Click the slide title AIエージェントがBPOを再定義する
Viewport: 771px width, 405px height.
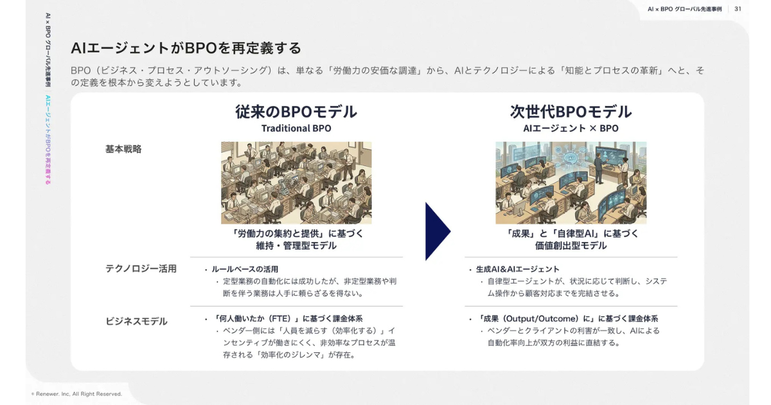186,48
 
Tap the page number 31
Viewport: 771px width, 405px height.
738,9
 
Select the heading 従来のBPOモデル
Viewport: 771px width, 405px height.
296,112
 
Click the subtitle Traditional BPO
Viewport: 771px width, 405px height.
296,128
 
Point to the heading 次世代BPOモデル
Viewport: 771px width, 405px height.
571,112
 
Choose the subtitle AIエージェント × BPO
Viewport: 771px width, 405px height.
571,128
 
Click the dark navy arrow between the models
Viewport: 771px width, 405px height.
438,231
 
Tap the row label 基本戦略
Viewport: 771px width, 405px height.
123,149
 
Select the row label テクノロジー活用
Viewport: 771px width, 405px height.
141,269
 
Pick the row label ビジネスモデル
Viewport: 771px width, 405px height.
136,321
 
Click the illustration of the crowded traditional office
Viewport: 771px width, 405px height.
296,183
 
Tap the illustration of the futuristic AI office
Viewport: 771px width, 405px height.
571,183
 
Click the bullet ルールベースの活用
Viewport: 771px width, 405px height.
245,269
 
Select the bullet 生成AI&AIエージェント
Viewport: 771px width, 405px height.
517,269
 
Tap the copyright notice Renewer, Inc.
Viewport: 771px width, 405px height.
76,394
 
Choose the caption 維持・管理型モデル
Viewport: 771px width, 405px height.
296,246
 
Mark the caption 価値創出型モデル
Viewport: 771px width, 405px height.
571,246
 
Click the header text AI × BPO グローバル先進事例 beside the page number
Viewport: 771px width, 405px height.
685,9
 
